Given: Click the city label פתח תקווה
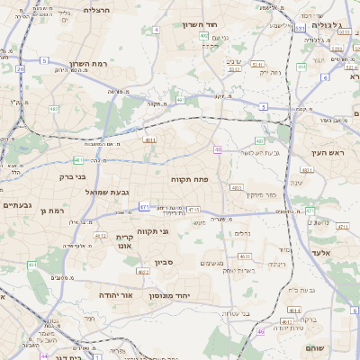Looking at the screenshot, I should (x=190, y=180).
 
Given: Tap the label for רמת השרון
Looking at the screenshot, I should (x=87, y=65).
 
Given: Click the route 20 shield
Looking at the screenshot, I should (x=21, y=68).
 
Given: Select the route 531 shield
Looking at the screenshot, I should (x=299, y=28).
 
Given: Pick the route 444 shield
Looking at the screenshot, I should (x=301, y=66).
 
